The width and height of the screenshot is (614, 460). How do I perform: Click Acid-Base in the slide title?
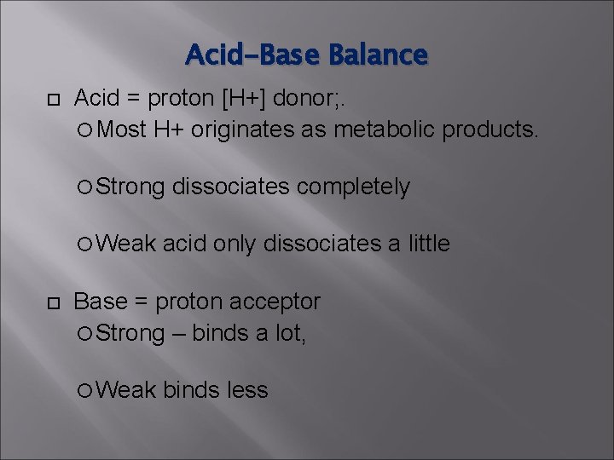(253, 55)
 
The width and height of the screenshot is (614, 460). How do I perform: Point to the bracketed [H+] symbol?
(248, 100)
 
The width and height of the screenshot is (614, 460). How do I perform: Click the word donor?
(316, 100)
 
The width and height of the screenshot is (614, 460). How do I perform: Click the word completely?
(351, 187)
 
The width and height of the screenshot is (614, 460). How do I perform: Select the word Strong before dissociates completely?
(130, 187)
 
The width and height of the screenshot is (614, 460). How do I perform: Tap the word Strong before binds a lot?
(130, 332)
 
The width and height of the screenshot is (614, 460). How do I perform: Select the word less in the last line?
(247, 390)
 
